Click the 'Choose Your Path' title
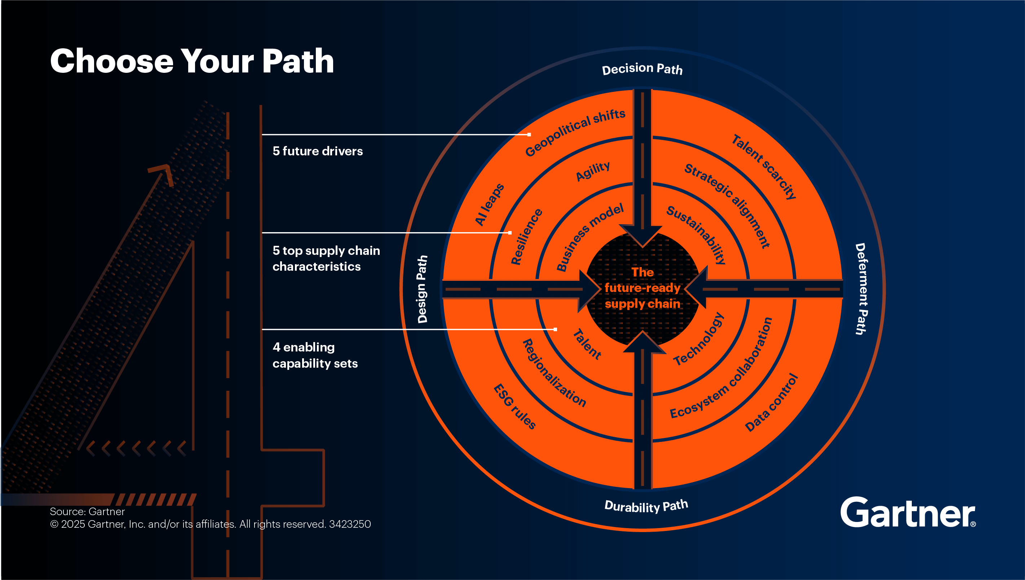[192, 61]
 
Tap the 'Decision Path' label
[642, 69]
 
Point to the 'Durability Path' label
[646, 506]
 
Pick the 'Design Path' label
[422, 289]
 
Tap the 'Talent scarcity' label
[764, 167]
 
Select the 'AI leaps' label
[490, 205]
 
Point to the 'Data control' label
[771, 402]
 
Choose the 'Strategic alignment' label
[727, 205]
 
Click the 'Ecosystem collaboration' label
[721, 368]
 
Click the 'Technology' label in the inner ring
[698, 339]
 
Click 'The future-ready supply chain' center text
[642, 288]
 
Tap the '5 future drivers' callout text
[318, 151]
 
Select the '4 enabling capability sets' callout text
[315, 355]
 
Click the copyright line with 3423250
[210, 524]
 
